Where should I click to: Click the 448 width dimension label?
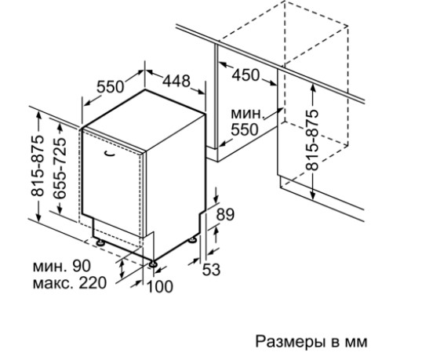click(x=176, y=81)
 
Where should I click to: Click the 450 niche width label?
click(x=246, y=75)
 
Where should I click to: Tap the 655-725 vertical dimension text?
click(x=60, y=168)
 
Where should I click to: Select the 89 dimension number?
click(x=226, y=214)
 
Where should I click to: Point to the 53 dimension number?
click(x=211, y=270)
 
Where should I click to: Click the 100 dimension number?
click(x=159, y=286)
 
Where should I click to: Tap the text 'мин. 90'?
click(x=62, y=266)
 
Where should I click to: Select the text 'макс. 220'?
click(x=70, y=283)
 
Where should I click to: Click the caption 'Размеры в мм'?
click(x=311, y=342)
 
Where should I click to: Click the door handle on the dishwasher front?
click(x=109, y=154)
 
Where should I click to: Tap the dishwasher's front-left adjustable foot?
click(x=100, y=242)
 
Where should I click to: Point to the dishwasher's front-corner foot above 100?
click(x=153, y=264)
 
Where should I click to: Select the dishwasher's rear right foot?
click(x=193, y=240)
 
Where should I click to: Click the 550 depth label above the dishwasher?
click(x=111, y=86)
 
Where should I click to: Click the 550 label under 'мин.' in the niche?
click(x=245, y=129)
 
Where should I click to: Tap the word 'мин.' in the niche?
click(x=246, y=114)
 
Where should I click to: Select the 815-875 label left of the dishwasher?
click(x=38, y=165)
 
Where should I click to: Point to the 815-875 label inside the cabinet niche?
click(x=312, y=140)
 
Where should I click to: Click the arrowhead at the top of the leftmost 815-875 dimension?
click(x=38, y=115)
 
